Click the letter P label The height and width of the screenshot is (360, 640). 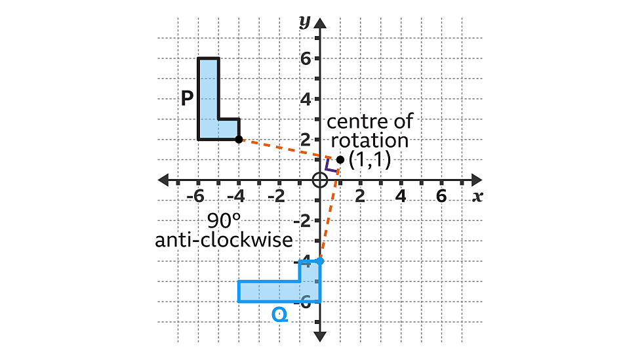pyautogui.click(x=187, y=98)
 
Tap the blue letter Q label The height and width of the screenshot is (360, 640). pyautogui.click(x=279, y=315)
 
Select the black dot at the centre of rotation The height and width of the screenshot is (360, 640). pyautogui.click(x=340, y=159)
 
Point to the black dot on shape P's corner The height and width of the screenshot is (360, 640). pyautogui.click(x=239, y=139)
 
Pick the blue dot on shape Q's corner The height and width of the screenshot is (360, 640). pyautogui.click(x=320, y=261)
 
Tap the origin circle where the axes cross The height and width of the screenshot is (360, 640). pyautogui.click(x=319, y=180)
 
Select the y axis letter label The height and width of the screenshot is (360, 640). pyautogui.click(x=304, y=21)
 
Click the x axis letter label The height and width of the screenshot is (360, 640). pyautogui.click(x=477, y=195)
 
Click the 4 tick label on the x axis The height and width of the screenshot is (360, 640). pyautogui.click(x=401, y=196)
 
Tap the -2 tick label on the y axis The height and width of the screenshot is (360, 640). pyautogui.click(x=303, y=221)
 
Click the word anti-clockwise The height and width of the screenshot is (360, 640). pyautogui.click(x=224, y=240)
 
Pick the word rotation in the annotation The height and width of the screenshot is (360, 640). pyautogui.click(x=369, y=140)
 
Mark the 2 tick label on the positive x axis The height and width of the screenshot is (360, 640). pyautogui.click(x=360, y=196)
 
